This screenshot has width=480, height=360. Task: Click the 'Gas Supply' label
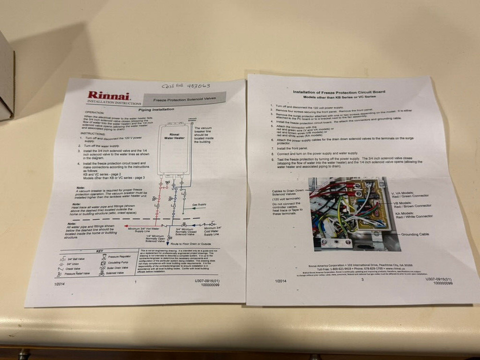click(199, 204)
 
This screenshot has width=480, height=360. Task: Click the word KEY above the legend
click(99, 252)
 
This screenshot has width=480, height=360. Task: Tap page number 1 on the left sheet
click(136, 282)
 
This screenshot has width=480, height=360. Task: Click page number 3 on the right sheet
click(362, 279)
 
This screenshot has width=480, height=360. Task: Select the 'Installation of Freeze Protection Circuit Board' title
click(339, 91)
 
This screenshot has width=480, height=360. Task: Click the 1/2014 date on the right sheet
click(281, 281)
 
